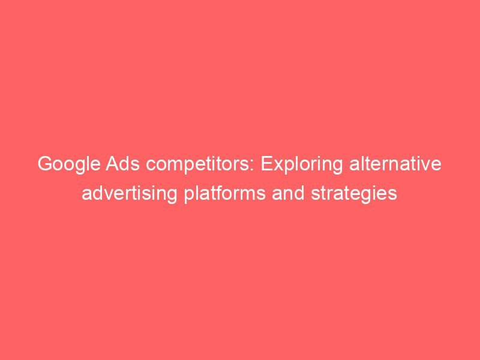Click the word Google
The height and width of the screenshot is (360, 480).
tap(68, 164)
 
